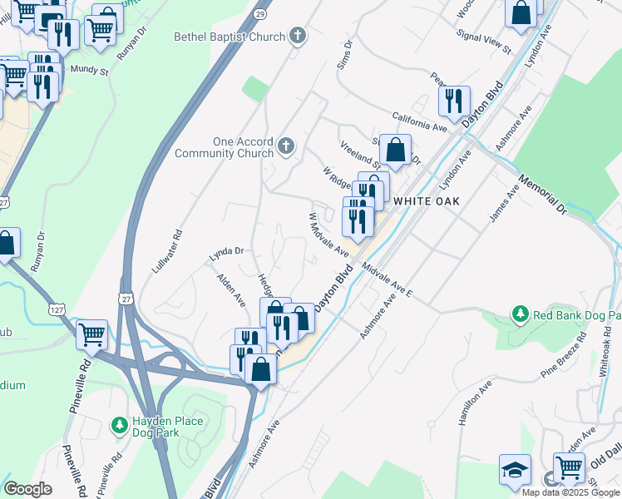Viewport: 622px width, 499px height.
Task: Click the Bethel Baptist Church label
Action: pos(230,37)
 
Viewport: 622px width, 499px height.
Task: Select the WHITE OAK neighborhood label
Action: pos(426,201)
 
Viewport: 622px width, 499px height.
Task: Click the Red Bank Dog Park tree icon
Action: pos(521,314)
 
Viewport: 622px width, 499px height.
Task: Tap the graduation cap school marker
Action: pos(515,470)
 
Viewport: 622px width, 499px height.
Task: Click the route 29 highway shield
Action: pos(261,15)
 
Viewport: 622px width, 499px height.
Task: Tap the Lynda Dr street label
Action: pos(225,250)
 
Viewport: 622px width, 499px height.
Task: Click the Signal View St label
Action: pos(484,42)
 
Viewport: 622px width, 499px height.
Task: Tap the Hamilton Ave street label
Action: pos(475,404)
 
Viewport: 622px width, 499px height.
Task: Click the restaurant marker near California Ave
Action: pos(453,101)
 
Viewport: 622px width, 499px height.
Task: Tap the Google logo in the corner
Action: pos(27,489)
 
